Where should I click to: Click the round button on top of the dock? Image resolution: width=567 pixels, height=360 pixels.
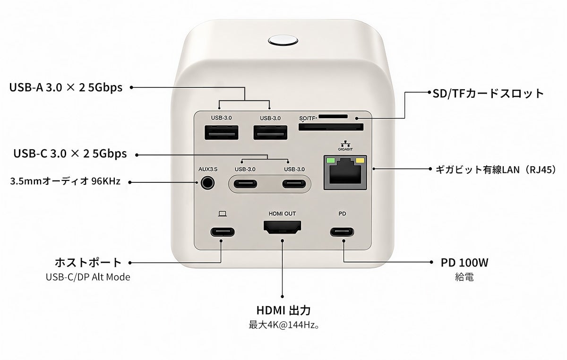[x=283, y=41]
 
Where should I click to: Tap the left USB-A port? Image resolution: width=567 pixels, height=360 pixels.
[x=222, y=132]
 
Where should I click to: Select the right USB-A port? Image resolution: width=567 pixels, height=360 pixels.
[x=270, y=132]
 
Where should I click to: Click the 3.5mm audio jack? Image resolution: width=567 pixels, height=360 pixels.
[x=207, y=183]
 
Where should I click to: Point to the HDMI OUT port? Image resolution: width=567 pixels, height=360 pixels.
[x=282, y=227]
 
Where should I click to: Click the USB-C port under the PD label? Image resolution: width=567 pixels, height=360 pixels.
[x=342, y=232]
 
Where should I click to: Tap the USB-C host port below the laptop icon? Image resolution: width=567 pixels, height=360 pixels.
[x=223, y=232]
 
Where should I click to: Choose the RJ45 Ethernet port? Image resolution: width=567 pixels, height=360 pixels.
[x=345, y=172]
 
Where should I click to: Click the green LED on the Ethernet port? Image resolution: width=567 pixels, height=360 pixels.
[x=330, y=161]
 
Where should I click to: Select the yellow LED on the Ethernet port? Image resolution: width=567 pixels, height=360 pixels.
[x=360, y=161]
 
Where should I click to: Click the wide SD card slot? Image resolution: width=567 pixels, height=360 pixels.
[x=331, y=127]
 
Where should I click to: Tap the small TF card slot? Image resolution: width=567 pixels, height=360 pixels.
[x=333, y=116]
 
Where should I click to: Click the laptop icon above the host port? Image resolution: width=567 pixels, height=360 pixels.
[x=222, y=214]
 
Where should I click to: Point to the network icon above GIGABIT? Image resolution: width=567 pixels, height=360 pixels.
[x=345, y=144]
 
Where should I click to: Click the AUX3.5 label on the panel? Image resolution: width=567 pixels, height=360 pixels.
[x=208, y=169]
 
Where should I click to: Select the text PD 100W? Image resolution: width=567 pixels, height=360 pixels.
[x=464, y=263]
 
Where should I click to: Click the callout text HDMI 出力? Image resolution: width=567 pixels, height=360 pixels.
[x=283, y=310]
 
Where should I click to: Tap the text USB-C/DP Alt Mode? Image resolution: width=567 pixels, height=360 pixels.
[x=88, y=277]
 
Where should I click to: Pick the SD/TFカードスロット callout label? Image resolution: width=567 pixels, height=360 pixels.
[x=488, y=94]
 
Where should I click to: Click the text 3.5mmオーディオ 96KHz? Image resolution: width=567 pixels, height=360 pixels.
[x=65, y=181]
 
